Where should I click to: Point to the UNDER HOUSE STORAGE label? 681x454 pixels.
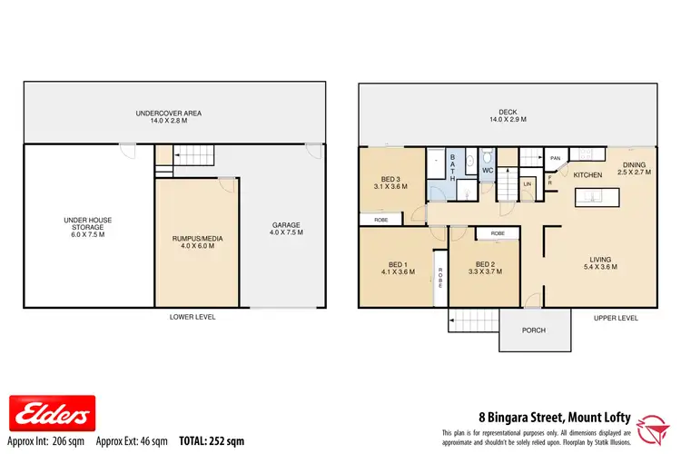88,225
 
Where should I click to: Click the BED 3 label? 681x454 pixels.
390,182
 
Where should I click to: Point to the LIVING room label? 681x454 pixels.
600,263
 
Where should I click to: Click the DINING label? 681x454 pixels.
633,167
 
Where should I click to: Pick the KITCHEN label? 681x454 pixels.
587,174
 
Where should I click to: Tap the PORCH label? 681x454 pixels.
533,331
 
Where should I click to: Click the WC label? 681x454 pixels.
488,170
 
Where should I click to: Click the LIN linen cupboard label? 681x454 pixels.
528,183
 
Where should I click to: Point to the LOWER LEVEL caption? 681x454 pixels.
192,318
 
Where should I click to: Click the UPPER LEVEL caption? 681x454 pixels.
617,318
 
